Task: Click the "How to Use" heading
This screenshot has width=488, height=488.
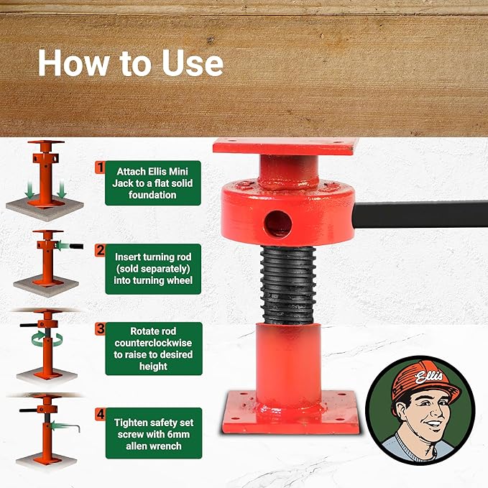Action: pyautogui.click(x=130, y=63)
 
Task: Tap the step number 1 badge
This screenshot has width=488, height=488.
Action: pyautogui.click(x=100, y=167)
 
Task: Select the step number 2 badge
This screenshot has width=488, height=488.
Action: pyautogui.click(x=100, y=251)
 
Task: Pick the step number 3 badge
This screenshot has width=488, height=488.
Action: pyautogui.click(x=100, y=329)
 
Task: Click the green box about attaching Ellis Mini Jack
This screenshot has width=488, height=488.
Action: pyautogui.click(x=152, y=183)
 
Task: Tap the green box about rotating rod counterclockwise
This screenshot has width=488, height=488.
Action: pyautogui.click(x=152, y=349)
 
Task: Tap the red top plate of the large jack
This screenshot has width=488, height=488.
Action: pyautogui.click(x=285, y=147)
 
